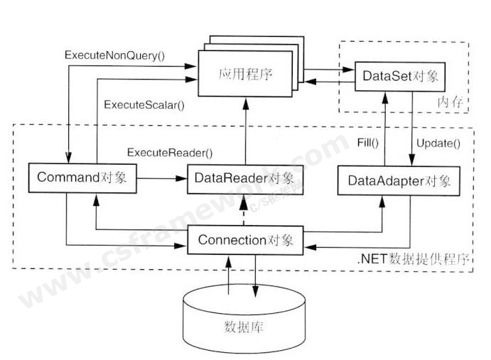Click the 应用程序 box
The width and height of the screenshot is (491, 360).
tap(244, 74)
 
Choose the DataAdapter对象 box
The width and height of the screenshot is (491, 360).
tap(399, 180)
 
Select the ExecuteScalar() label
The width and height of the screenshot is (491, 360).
tap(144, 105)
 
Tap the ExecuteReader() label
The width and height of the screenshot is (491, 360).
tap(170, 153)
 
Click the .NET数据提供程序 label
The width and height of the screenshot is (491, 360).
tap(414, 260)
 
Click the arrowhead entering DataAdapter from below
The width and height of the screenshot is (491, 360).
tap(384, 199)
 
